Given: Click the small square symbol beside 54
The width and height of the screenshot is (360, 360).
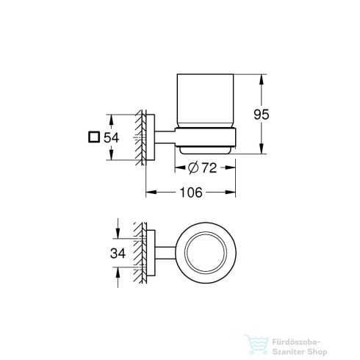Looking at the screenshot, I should tap(93, 137).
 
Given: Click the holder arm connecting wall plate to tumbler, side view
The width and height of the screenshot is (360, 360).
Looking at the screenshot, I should tap(165, 137).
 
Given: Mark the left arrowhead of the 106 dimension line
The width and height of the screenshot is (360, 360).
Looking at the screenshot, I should tap(149, 193).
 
